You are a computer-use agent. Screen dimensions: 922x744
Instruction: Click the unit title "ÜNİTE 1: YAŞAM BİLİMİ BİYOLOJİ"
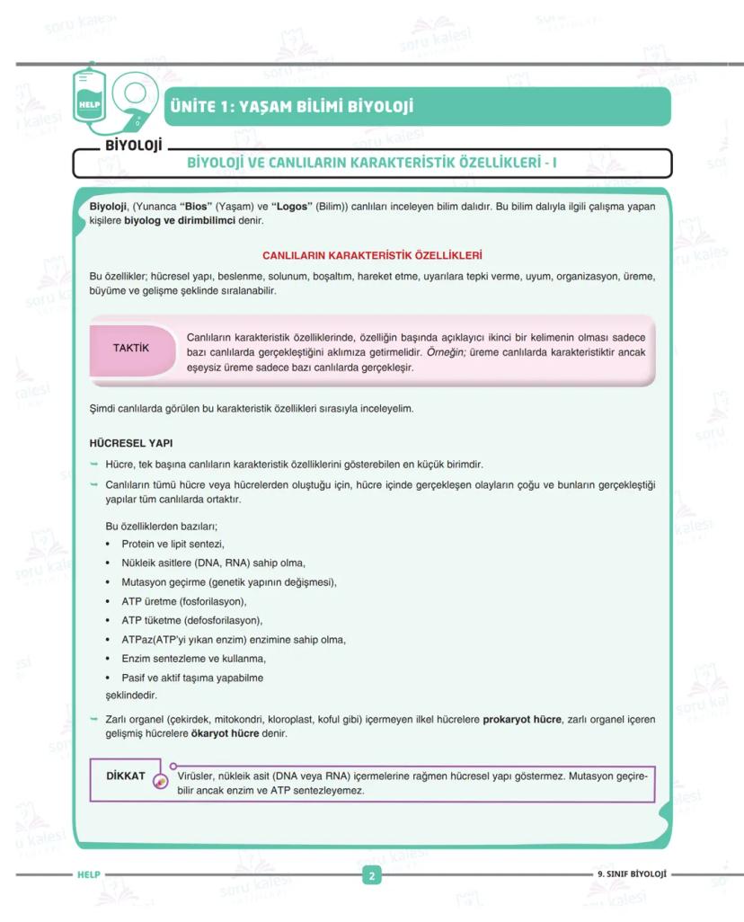pyautogui.click(x=293, y=107)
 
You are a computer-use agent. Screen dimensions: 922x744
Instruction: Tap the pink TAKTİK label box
pyautogui.click(x=131, y=349)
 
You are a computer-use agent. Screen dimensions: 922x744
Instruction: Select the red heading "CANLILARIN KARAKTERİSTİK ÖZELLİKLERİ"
pyautogui.click(x=372, y=255)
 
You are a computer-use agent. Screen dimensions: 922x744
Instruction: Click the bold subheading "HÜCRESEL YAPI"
pyautogui.click(x=131, y=443)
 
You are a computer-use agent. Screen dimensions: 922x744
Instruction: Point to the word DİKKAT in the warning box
pyautogui.click(x=126, y=776)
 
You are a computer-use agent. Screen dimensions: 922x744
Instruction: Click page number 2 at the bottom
pyautogui.click(x=372, y=876)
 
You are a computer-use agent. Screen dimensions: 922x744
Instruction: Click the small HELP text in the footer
pyautogui.click(x=89, y=874)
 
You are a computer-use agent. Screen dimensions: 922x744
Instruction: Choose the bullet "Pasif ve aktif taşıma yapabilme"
pyautogui.click(x=192, y=678)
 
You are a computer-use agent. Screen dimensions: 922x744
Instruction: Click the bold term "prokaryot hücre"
pyautogui.click(x=522, y=719)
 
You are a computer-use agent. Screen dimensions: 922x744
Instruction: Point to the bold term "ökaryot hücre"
pyautogui.click(x=226, y=733)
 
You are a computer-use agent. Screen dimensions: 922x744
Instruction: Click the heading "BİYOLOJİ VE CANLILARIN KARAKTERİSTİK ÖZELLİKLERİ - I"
pyautogui.click(x=372, y=164)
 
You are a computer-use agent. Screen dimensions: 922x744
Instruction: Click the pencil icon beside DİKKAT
pyautogui.click(x=161, y=782)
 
